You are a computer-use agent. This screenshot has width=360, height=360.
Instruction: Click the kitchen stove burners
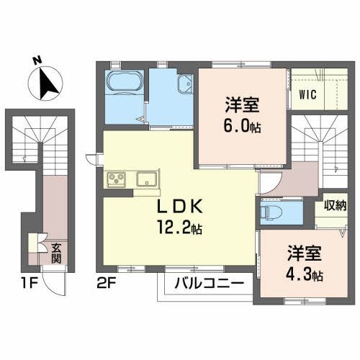[117, 179]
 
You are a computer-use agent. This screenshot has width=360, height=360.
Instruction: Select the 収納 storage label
[336, 205]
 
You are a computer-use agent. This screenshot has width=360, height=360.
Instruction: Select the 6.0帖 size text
[240, 124]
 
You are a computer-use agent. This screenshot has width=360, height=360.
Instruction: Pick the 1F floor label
[13, 284]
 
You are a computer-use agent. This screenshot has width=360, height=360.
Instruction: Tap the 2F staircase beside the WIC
[318, 148]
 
